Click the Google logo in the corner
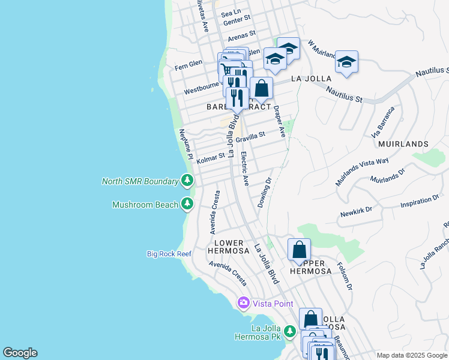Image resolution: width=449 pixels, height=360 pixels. click(x=20, y=353)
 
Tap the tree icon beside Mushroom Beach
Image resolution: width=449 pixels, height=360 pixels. click(x=187, y=205)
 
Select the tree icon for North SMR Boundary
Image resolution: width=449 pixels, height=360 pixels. click(x=187, y=181)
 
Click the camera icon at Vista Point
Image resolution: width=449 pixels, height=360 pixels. click(x=244, y=303)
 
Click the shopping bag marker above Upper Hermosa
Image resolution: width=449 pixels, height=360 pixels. click(x=299, y=250)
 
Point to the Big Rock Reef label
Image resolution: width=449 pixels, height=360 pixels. click(x=169, y=254)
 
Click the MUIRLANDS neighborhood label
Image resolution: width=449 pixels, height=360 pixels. click(x=403, y=144)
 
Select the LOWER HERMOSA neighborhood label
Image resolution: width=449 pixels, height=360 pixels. click(x=228, y=246)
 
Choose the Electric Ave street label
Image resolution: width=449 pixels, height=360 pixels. click(x=244, y=169)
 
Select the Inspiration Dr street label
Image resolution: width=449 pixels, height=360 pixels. click(x=419, y=204)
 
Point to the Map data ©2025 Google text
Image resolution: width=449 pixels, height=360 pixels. click(x=411, y=355)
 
